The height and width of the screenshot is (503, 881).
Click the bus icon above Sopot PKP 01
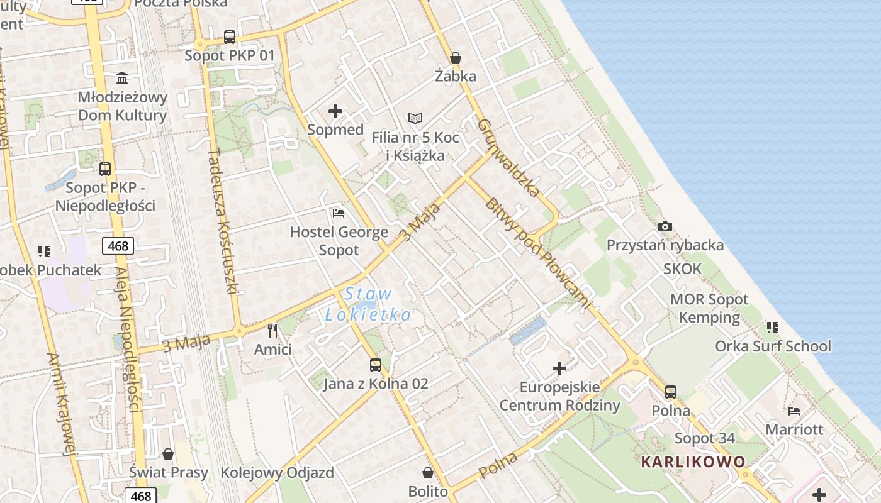point(230,37)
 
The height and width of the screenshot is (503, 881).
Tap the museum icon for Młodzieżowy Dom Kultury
point(122,79)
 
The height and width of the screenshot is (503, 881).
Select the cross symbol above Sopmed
point(335,111)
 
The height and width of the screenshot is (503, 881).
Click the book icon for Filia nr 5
point(415,118)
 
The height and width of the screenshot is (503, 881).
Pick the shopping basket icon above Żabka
point(456,58)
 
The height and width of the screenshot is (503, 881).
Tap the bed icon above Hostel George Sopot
point(339,213)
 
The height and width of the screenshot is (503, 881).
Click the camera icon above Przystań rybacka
point(665,226)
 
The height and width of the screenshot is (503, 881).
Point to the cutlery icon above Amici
point(272,330)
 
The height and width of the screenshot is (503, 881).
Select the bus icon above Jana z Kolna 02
point(376,365)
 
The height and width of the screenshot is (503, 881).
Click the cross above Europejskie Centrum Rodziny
point(559,368)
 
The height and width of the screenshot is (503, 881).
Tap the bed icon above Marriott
point(794,411)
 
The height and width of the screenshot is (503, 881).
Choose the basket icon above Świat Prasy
point(168,453)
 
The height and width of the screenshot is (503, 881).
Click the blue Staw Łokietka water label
point(368,304)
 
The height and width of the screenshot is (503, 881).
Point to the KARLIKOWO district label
point(693,462)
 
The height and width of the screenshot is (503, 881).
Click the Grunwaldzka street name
point(509,157)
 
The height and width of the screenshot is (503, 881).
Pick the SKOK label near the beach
point(682,269)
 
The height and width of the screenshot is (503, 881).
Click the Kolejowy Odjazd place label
point(277,473)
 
